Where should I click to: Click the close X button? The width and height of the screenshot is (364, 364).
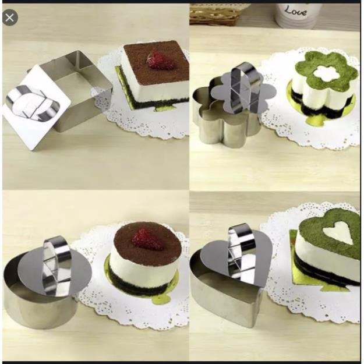pyautogui.click(x=9, y=17)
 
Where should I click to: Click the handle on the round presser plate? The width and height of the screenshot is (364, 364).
pyautogui.click(x=57, y=262)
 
